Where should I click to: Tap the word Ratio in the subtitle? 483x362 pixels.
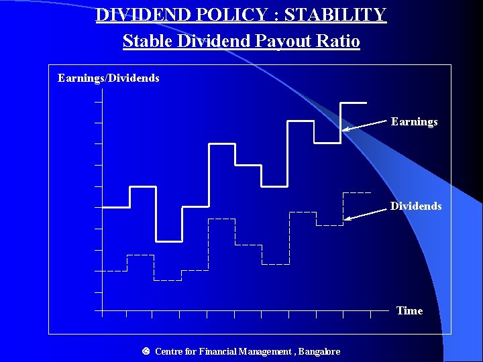tap(338, 42)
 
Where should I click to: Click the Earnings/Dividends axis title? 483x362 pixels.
tap(109, 78)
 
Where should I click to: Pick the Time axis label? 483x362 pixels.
tap(409, 310)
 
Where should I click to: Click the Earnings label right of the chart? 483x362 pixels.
tap(414, 122)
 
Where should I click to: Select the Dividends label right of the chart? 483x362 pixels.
tap(416, 206)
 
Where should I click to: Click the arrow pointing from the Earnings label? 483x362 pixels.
tap(366, 125)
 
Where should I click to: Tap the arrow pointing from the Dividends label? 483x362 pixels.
tap(368, 213)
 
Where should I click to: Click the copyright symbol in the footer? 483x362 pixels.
tap(146, 351)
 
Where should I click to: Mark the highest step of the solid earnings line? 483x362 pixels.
tap(354, 103)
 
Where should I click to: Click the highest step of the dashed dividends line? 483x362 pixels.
tap(356, 192)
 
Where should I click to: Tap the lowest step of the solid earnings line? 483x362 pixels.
tap(169, 240)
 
